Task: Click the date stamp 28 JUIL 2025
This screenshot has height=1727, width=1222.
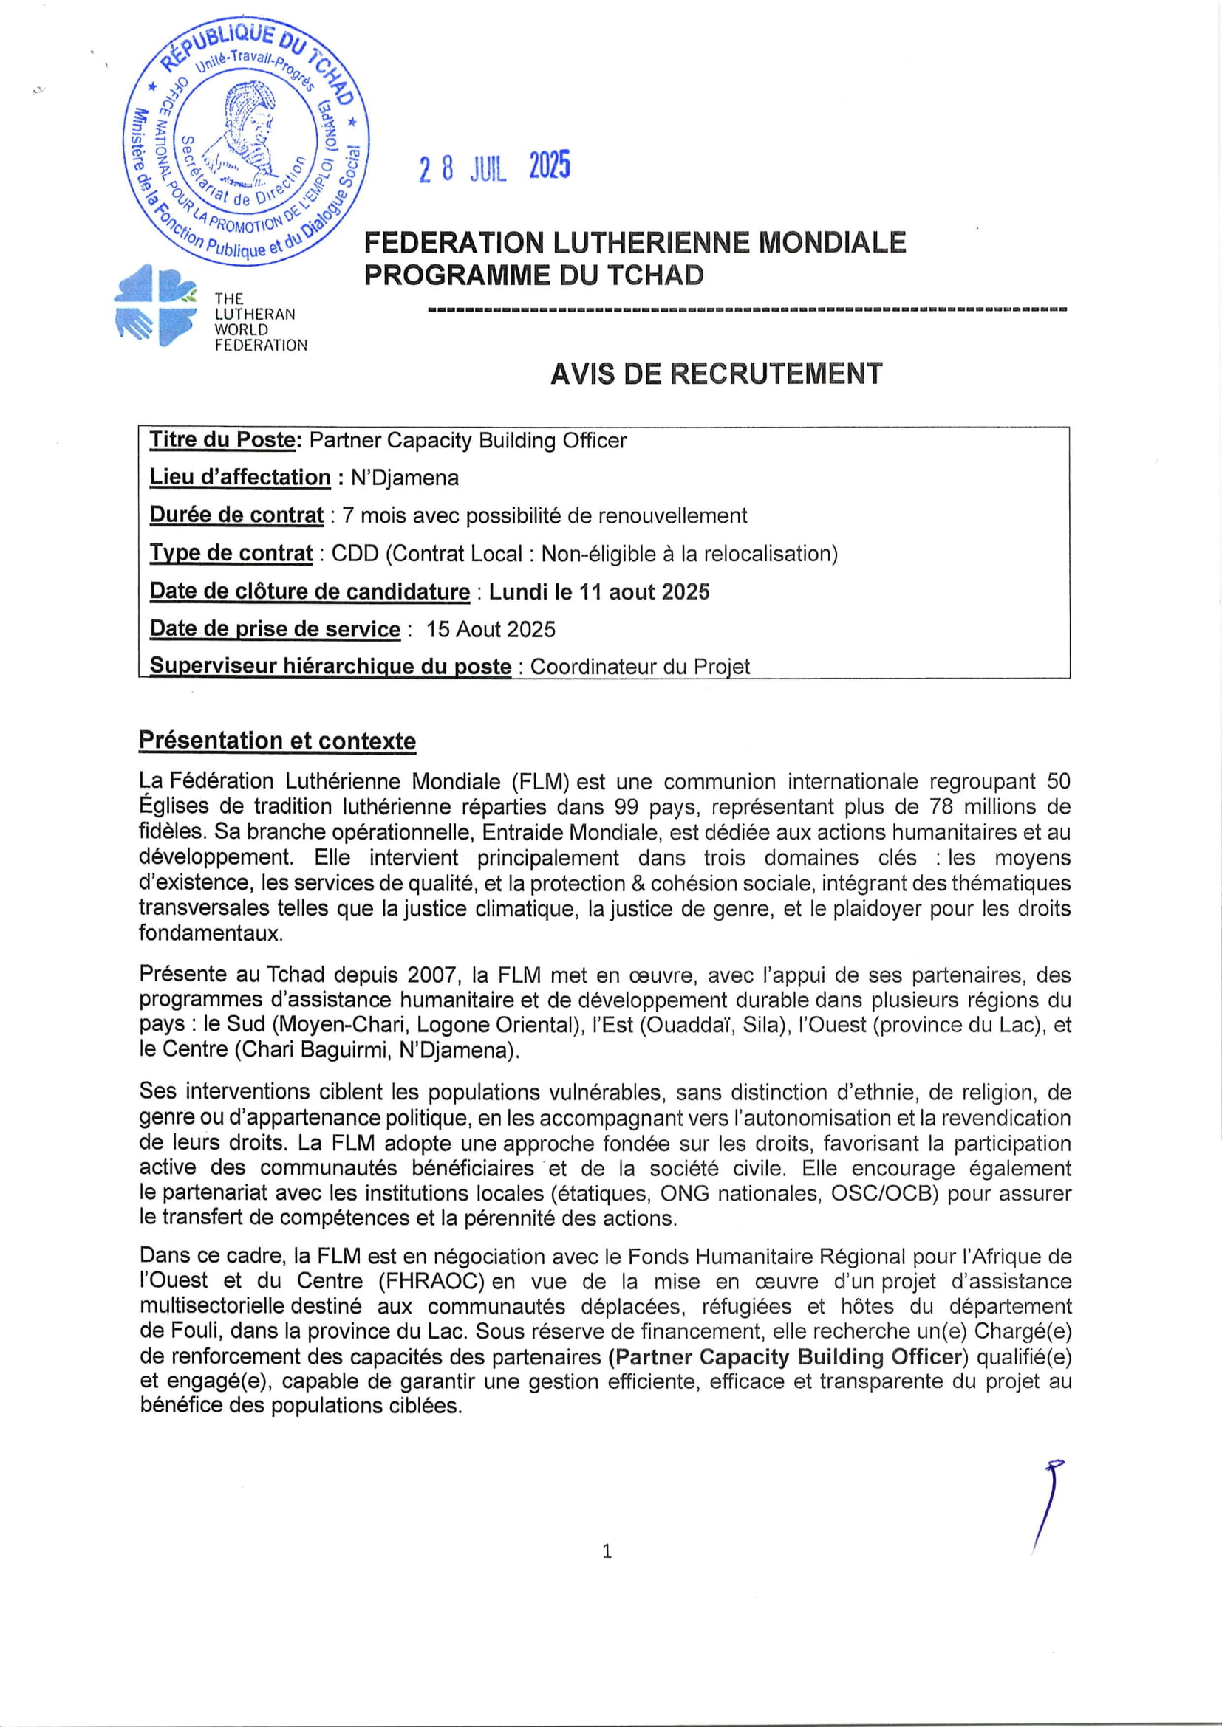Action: click(x=494, y=167)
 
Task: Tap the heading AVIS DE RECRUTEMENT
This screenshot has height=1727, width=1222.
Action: click(x=716, y=374)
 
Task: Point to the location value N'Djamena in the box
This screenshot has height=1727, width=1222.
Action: click(x=404, y=478)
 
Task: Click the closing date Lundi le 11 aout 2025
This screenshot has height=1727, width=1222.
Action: click(x=599, y=592)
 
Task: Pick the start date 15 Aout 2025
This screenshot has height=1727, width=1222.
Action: click(x=491, y=629)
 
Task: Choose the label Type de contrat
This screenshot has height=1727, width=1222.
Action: click(x=231, y=554)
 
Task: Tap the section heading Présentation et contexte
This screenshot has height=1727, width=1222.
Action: click(x=277, y=741)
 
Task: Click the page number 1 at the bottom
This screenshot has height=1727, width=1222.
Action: click(x=607, y=1551)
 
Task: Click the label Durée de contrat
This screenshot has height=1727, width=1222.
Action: click(x=236, y=515)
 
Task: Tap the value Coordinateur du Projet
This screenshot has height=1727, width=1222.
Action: click(x=640, y=667)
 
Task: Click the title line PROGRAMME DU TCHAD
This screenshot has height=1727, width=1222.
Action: click(x=533, y=275)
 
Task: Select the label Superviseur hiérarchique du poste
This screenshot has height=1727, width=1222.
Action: click(x=330, y=667)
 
